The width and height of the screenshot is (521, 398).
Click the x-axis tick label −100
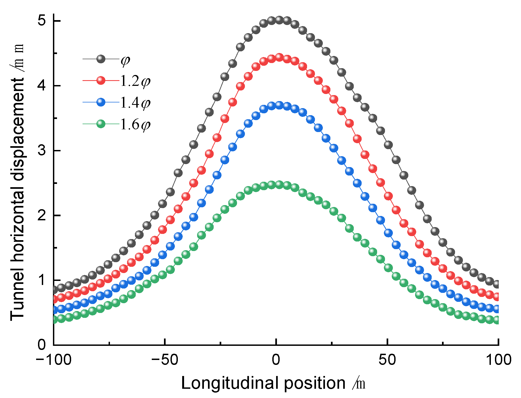point(53,360)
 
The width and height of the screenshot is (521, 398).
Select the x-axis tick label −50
point(165,360)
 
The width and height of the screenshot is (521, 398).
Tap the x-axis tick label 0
point(276,360)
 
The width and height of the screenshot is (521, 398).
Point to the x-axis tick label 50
point(387,360)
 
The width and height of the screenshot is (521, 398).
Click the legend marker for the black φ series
point(101,59)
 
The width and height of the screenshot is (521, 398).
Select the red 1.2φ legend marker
point(101,81)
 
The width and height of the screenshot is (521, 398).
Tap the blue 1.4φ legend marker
point(101,102)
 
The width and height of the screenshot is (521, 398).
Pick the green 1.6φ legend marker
point(101,124)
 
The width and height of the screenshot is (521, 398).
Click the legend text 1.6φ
point(135,125)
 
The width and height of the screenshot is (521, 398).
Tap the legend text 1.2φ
point(135,81)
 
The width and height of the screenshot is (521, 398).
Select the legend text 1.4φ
point(135,103)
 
